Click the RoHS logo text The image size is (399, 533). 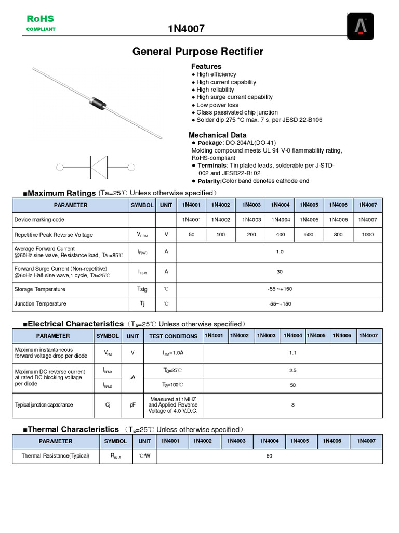pyautogui.click(x=41, y=19)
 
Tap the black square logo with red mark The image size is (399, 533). pyautogui.click(x=360, y=26)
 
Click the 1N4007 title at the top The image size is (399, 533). pyautogui.click(x=185, y=29)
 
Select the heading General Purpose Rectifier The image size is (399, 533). pyautogui.click(x=198, y=52)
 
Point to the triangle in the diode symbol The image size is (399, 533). pyautogui.click(x=99, y=167)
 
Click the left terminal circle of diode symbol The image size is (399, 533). pyautogui.click(x=60, y=167)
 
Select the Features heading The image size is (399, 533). pyautogui.click(x=206, y=66)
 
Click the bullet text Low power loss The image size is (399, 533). pyautogui.click(x=217, y=105)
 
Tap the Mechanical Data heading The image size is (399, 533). pyautogui.click(x=217, y=135)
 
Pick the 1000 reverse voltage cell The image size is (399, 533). pyautogui.click(x=367, y=235)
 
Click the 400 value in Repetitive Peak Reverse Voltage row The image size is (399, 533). pyautogui.click(x=281, y=235)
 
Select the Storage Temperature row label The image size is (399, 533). pyautogui.click(x=40, y=289)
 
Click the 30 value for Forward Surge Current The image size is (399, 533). pyautogui.click(x=280, y=271)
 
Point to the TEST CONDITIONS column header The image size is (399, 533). pyautogui.click(x=173, y=336)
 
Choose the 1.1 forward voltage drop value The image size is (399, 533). pyautogui.click(x=292, y=353)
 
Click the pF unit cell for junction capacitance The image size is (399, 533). pyautogui.click(x=132, y=405)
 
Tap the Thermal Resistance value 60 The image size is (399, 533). pyautogui.click(x=269, y=456)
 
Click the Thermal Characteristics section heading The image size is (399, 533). pyautogui.click(x=73, y=429)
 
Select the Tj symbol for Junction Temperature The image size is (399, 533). pyautogui.click(x=142, y=303)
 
